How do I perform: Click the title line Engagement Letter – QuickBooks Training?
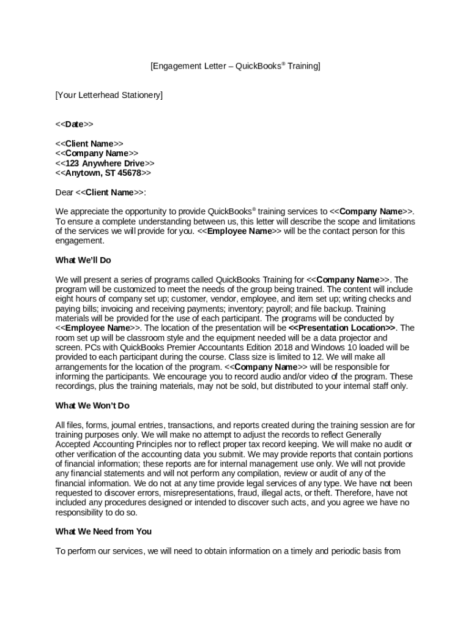click(235, 66)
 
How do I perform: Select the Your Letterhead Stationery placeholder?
click(109, 95)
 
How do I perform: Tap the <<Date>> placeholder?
click(74, 124)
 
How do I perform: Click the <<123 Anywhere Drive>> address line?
click(105, 163)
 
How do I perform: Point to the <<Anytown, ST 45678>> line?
click(103, 173)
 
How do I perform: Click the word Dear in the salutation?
click(64, 193)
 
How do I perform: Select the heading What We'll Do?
click(83, 260)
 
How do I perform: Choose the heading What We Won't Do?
click(92, 406)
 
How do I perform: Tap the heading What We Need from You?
click(103, 531)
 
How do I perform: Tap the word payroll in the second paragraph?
click(279, 309)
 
